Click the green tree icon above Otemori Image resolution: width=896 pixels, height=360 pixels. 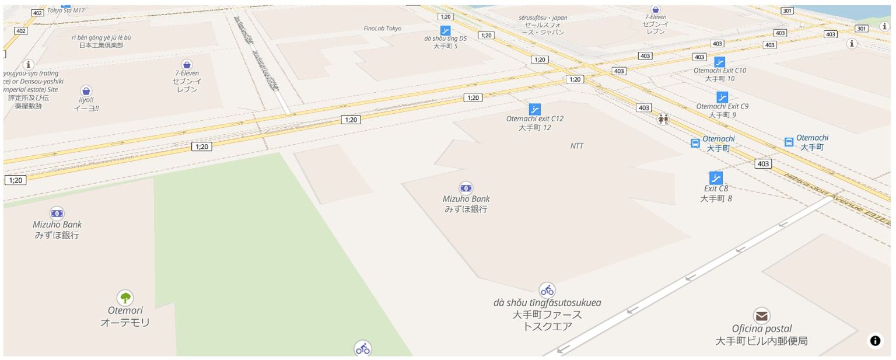point(125,298)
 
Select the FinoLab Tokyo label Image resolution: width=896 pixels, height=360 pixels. point(383,28)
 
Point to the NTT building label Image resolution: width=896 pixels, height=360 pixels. point(577,146)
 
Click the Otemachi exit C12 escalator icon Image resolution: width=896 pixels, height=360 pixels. point(535,109)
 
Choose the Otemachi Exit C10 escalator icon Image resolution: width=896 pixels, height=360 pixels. point(720,62)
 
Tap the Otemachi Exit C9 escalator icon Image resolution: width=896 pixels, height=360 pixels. point(722,97)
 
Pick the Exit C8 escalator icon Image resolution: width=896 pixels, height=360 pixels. point(716,178)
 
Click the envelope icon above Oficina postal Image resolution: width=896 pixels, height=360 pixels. point(761,316)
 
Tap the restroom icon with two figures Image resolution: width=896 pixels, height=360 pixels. point(663,119)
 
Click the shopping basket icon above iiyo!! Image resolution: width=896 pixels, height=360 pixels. point(86,91)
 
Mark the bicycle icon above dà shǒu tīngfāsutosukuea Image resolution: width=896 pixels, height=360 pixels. point(547,290)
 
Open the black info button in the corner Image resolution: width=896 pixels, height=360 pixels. point(876,341)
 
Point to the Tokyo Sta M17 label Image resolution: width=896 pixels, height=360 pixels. point(66,10)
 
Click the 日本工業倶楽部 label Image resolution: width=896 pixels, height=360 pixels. point(101,45)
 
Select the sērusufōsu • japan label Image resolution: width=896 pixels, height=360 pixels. point(543,18)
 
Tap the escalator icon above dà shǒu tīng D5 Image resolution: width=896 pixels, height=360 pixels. point(446,30)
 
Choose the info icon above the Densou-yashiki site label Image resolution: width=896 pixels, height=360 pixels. point(28,64)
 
